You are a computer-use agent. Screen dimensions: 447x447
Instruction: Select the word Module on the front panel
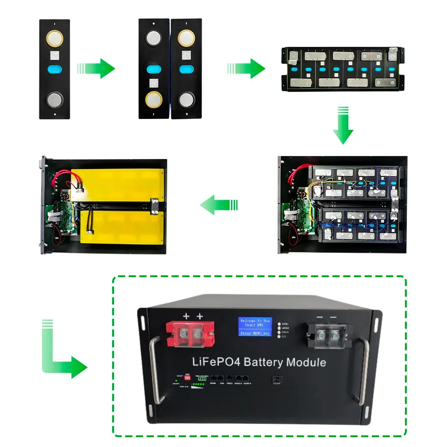coord(306,362)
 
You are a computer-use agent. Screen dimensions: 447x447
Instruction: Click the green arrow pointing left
coord(218,206)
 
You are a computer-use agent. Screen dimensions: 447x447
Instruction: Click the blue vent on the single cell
coord(55,70)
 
